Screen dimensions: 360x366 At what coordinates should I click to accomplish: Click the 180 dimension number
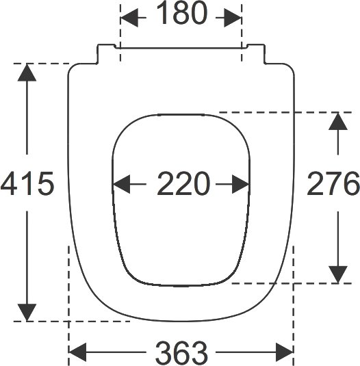click(x=181, y=13)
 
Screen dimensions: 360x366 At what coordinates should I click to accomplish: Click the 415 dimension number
click(x=27, y=183)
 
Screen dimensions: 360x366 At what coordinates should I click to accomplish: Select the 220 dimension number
click(x=182, y=183)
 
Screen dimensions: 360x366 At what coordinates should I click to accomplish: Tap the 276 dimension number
click(x=333, y=183)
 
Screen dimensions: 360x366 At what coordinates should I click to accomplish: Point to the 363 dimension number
click(x=181, y=353)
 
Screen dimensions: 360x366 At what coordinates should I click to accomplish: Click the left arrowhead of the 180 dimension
click(x=129, y=18)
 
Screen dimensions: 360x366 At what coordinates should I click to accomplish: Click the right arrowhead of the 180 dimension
click(x=233, y=18)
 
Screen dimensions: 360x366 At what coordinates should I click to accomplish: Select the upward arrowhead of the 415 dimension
click(x=27, y=73)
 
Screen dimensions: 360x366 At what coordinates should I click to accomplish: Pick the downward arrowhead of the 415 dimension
click(x=27, y=313)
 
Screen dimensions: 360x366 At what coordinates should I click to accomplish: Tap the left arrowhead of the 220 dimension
click(x=121, y=184)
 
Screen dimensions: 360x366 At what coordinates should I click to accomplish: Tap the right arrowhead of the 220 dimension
click(x=241, y=184)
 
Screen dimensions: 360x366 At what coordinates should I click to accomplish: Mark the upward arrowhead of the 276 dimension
click(x=338, y=121)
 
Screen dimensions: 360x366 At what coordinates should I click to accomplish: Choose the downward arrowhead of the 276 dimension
click(x=338, y=274)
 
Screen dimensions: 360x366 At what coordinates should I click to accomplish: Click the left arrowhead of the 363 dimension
click(x=77, y=352)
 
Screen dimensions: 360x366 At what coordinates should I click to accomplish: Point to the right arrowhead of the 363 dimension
click(x=285, y=352)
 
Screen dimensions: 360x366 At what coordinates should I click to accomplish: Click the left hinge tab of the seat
click(x=106, y=53)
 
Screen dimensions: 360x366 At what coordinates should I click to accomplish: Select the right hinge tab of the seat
click(x=257, y=53)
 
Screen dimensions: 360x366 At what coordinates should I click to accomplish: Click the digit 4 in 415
click(x=10, y=183)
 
